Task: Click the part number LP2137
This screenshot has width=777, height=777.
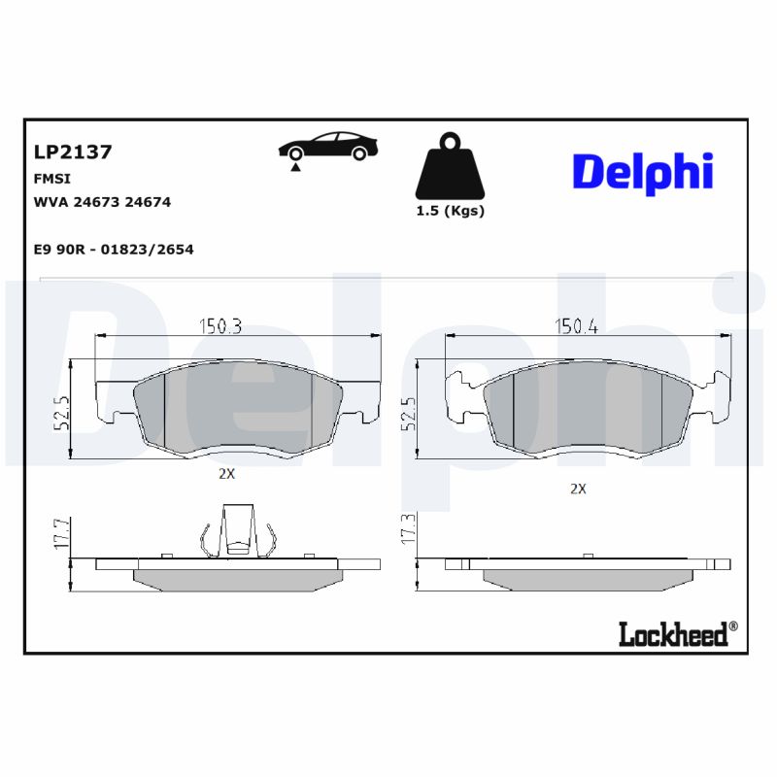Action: pyautogui.click(x=73, y=152)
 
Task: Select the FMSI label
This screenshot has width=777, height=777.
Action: pyautogui.click(x=52, y=180)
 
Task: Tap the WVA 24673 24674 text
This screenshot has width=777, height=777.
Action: pyautogui.click(x=102, y=202)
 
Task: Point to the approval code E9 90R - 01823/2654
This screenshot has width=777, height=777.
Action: pyautogui.click(x=114, y=250)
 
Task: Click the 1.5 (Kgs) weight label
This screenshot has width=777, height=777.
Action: pyautogui.click(x=450, y=211)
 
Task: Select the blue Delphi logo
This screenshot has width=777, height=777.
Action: pyautogui.click(x=642, y=172)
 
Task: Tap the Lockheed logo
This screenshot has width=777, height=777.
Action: pyautogui.click(x=673, y=634)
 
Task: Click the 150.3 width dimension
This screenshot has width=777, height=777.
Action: pyautogui.click(x=220, y=326)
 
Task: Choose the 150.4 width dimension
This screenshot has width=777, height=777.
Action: pyautogui.click(x=576, y=326)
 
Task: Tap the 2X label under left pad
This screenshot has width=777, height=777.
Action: pyautogui.click(x=226, y=475)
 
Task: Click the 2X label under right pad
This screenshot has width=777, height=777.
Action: pyautogui.click(x=578, y=489)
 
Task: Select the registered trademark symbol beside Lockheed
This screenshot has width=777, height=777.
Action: pyautogui.click(x=733, y=626)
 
